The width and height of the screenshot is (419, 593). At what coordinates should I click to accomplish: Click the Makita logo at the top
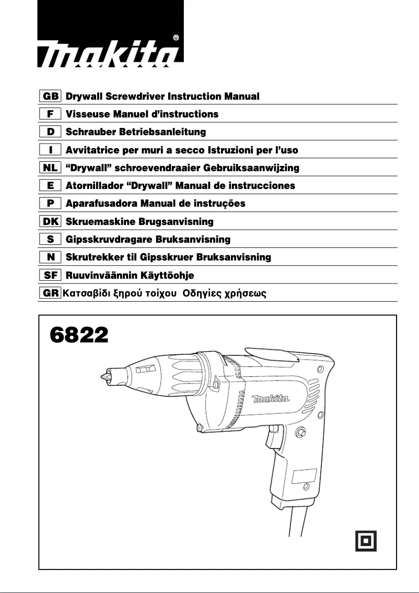[x=110, y=52]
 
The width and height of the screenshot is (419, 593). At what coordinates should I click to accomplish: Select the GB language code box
[x=50, y=97]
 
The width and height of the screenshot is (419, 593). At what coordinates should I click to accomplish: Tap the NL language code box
[x=50, y=168]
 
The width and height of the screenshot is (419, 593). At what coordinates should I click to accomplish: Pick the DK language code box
[x=50, y=222]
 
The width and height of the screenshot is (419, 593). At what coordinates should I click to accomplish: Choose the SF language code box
[x=50, y=275]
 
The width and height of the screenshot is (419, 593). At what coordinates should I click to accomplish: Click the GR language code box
[x=50, y=293]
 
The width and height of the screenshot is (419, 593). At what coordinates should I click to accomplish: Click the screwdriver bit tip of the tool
[x=104, y=375]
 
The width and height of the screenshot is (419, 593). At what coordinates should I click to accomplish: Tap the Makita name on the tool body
[x=271, y=400]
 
